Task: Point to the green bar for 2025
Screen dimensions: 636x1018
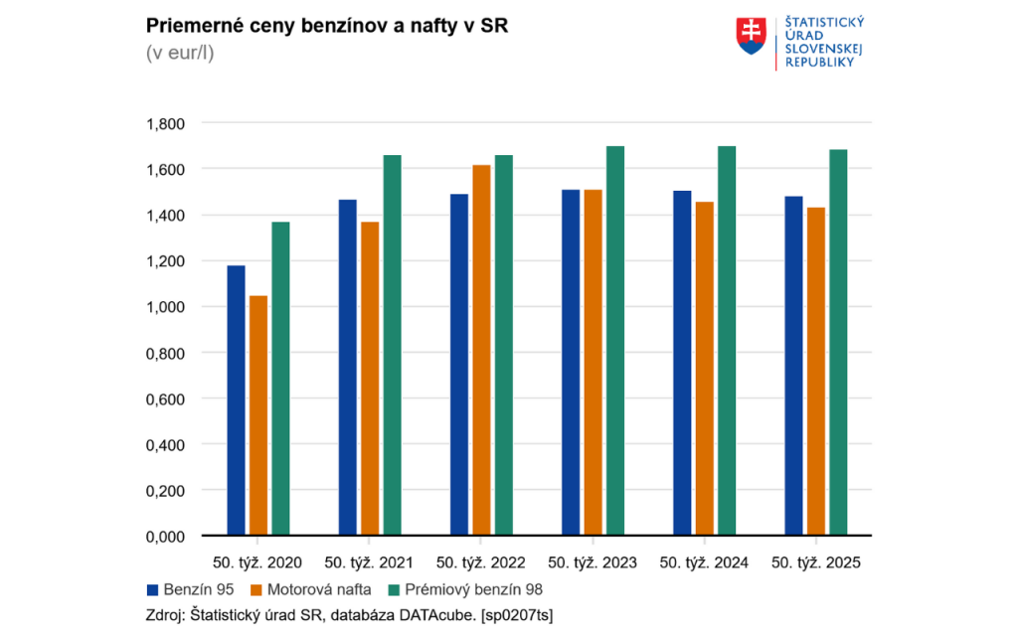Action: click(x=837, y=343)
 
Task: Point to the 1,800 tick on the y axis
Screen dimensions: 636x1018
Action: click(x=165, y=123)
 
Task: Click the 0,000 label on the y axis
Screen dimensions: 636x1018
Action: click(x=165, y=537)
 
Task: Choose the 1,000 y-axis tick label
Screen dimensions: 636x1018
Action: click(x=165, y=307)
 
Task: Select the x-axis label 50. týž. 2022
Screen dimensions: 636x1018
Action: click(x=481, y=562)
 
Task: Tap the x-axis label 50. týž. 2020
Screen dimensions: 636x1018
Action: click(x=258, y=562)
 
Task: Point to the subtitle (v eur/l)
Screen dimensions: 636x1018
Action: click(x=180, y=52)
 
